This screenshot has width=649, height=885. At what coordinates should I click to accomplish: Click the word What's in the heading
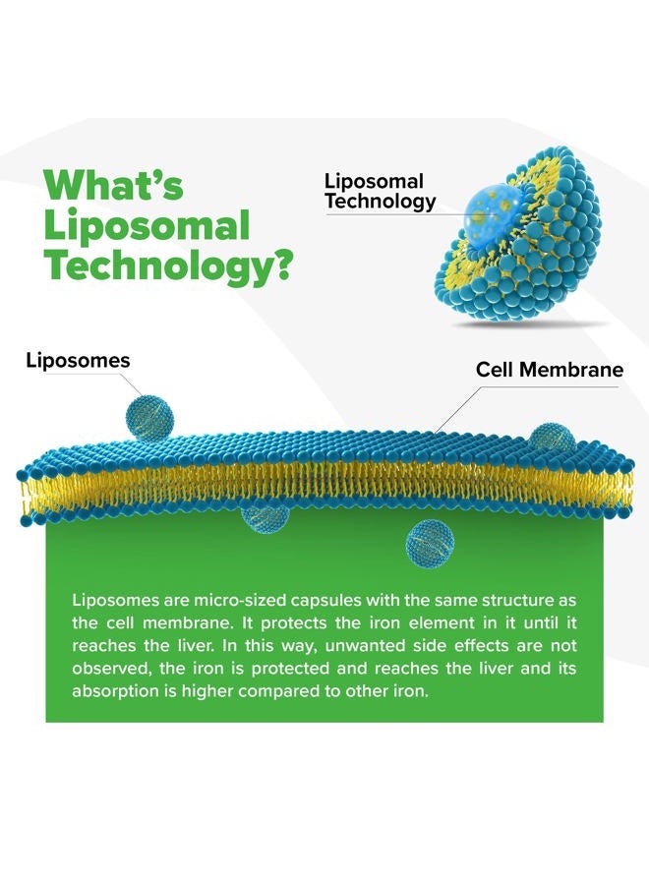click(x=113, y=184)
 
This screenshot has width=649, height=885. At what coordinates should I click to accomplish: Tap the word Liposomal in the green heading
click(x=147, y=225)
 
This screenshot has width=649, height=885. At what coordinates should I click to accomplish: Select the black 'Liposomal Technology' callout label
click(x=380, y=191)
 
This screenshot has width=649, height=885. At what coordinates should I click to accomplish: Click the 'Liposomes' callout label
click(x=78, y=360)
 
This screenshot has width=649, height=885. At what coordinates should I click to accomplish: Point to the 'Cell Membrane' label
click(x=549, y=369)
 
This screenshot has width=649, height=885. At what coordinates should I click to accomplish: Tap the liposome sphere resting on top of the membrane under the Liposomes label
click(x=149, y=417)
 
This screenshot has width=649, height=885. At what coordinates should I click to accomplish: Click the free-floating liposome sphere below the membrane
click(x=430, y=543)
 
